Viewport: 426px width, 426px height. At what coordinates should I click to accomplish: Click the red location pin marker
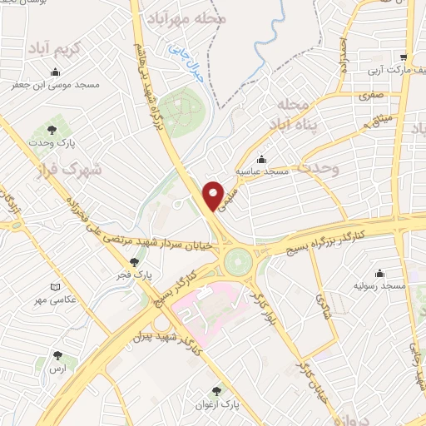215,194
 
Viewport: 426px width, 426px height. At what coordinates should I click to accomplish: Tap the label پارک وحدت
55,143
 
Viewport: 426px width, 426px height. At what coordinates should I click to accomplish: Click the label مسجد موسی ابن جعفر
55,85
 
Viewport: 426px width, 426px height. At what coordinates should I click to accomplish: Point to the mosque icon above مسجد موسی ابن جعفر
55,72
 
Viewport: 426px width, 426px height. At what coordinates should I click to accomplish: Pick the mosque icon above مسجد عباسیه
262,158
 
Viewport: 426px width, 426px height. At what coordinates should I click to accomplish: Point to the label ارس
57,367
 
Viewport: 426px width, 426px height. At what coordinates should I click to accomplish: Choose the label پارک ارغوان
219,404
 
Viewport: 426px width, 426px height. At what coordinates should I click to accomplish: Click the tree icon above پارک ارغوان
218,390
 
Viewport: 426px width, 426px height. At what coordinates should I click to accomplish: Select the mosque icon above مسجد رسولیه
381,273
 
